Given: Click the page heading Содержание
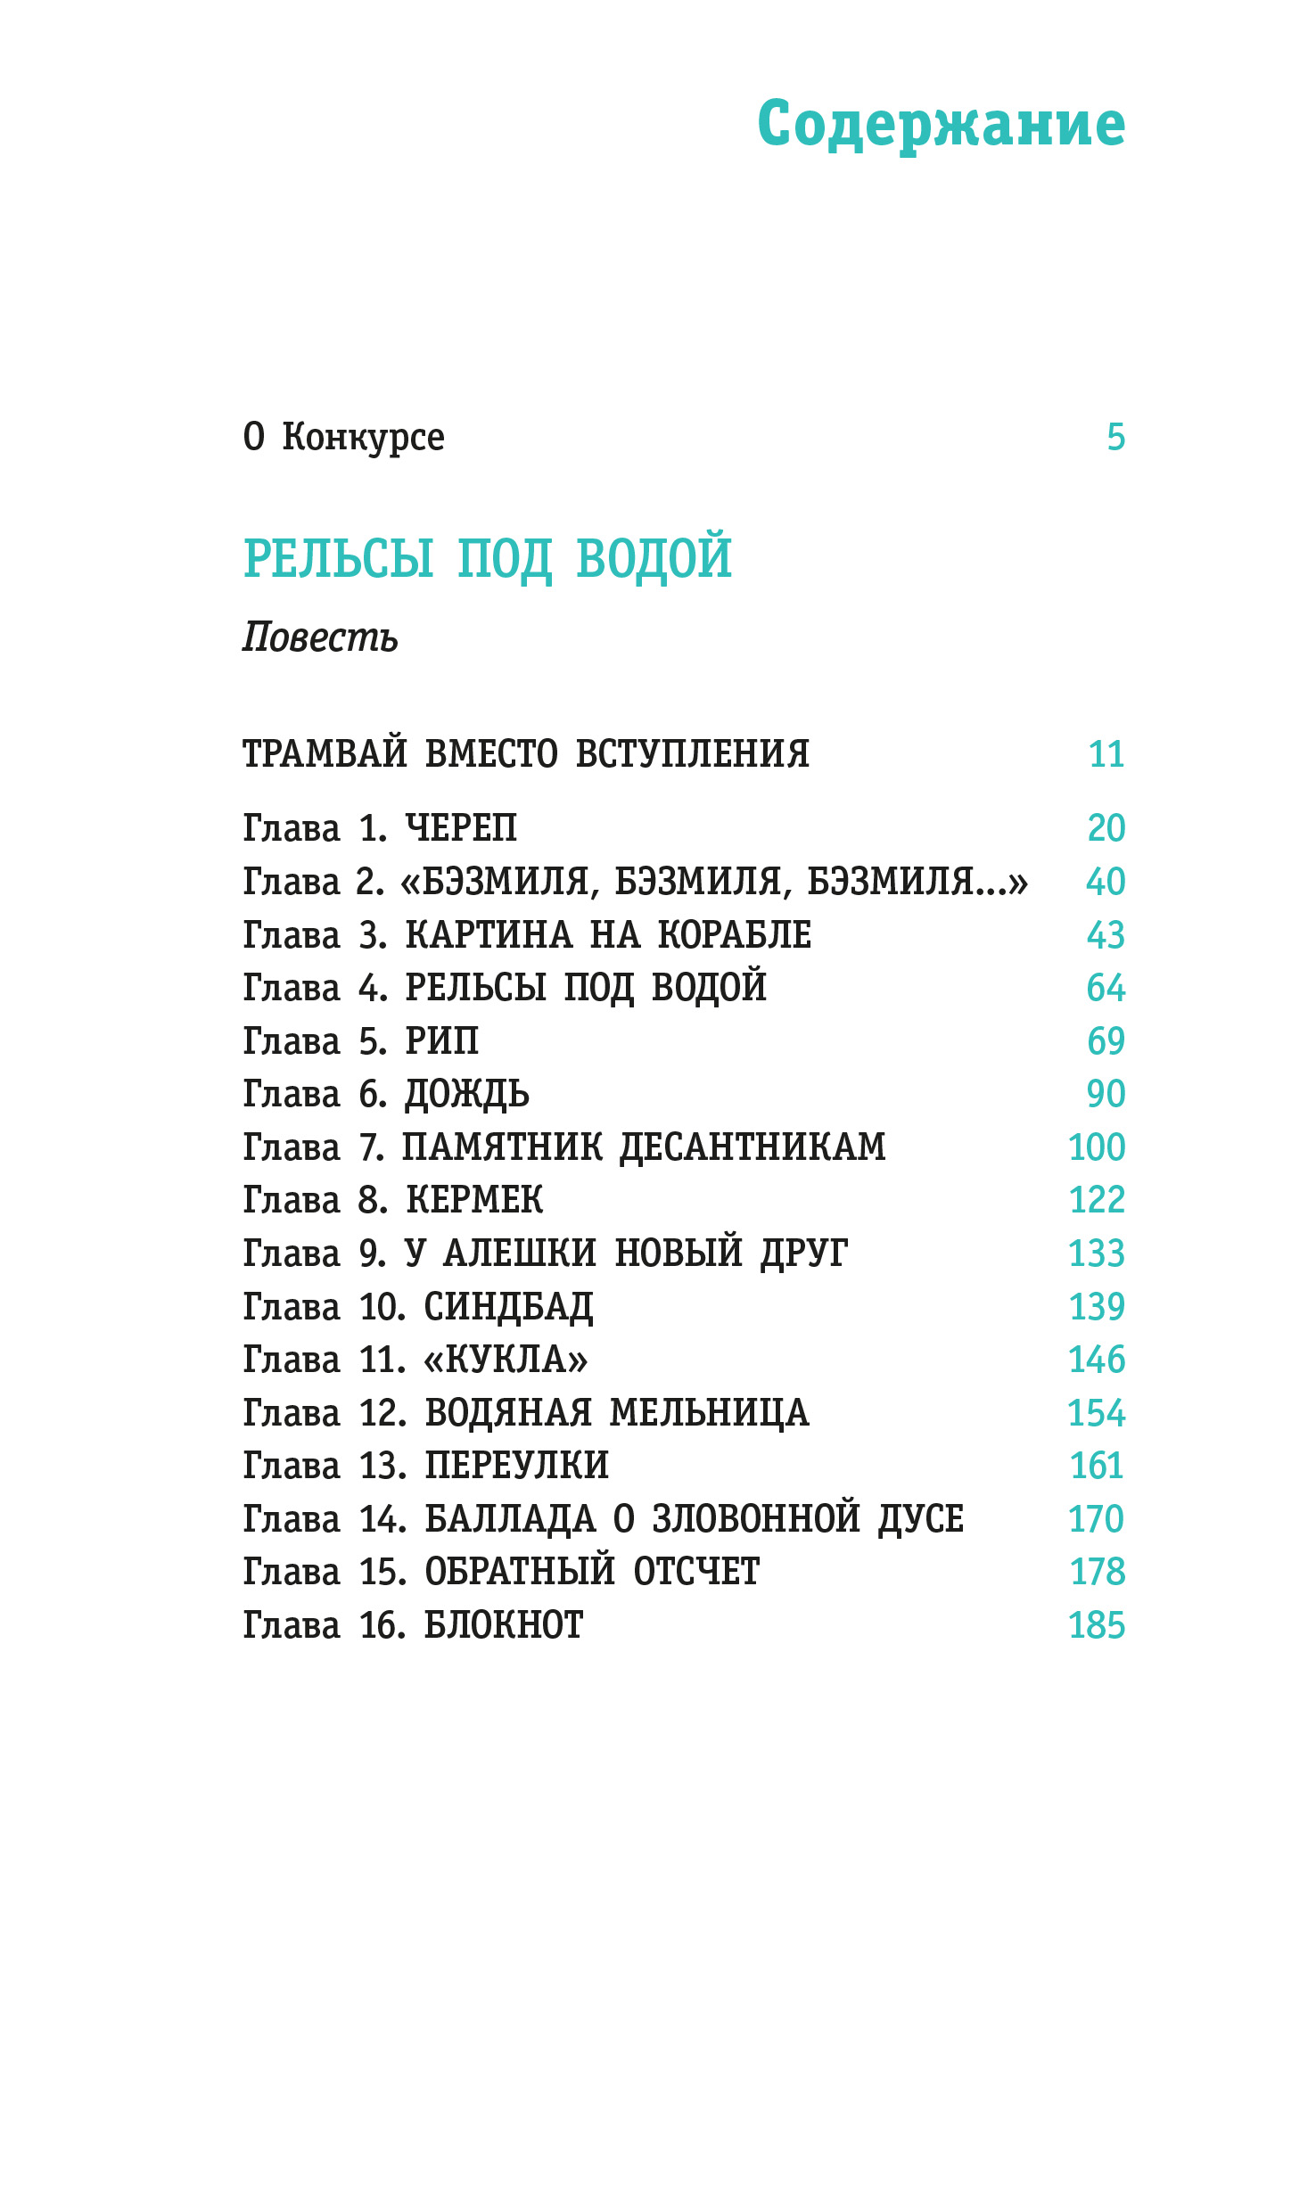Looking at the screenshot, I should pos(941,124).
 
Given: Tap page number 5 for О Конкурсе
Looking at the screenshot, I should pos(1115,437).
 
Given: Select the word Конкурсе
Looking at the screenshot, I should pos(363,437).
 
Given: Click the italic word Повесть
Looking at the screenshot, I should pos(320,637).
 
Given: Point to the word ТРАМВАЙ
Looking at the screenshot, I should pos(325,753).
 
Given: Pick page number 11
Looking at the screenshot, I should pos(1106,754).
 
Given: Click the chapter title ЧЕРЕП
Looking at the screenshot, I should pos(461,828).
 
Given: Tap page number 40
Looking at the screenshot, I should pos(1106,882).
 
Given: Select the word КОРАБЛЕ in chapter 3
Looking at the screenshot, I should pos(735,935).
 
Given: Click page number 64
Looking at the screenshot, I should pos(1106,988).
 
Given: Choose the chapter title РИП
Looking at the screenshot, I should pos(442,1041).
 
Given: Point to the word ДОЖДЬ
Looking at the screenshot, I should pos(467,1095).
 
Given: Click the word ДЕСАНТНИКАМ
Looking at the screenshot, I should pos(753,1147).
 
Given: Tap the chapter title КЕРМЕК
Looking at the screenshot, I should pos(474,1201).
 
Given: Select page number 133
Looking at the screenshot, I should pos(1097,1253).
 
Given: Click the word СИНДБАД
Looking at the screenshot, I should pos(508,1307).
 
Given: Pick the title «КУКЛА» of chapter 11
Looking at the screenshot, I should pos(506,1360).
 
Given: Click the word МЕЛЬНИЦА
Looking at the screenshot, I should pos(710,1413).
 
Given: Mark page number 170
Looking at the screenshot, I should pos(1097,1519).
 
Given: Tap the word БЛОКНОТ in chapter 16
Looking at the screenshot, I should pos(504,1625).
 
